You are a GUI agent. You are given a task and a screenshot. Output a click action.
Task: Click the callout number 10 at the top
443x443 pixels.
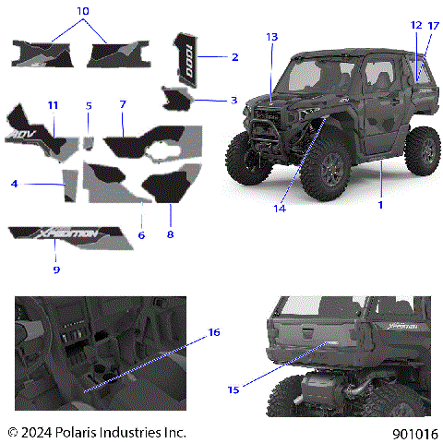pyautogui.click(x=83, y=10)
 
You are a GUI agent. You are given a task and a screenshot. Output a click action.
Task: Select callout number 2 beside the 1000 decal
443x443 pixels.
pyautogui.click(x=234, y=57)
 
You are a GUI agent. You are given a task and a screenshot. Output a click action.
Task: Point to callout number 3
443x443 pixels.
pyautogui.click(x=233, y=100)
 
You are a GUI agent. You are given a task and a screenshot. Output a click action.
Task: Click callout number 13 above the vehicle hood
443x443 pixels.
pyautogui.click(x=270, y=36)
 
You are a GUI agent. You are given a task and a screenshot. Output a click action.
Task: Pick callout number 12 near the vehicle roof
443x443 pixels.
pyautogui.click(x=416, y=25)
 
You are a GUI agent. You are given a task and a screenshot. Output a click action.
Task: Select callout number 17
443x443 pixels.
pyautogui.click(x=434, y=25)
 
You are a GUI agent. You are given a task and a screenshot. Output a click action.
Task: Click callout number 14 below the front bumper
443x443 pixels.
pyautogui.click(x=280, y=209)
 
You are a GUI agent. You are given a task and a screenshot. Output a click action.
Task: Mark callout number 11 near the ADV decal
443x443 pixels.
pyautogui.click(x=53, y=106)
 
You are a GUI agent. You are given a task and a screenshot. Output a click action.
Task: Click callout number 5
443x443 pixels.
pyautogui.click(x=89, y=106)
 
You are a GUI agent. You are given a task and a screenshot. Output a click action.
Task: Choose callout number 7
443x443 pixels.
pyautogui.click(x=122, y=106)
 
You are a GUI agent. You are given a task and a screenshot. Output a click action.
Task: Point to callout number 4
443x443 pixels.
pyautogui.click(x=15, y=184)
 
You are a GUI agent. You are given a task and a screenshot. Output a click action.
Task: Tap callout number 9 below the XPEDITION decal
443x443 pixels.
pyautogui.click(x=55, y=269)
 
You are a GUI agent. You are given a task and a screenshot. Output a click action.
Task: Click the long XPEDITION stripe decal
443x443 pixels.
pyautogui.click(x=65, y=234)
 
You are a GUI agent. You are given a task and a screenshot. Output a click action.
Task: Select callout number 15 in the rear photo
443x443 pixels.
pyautogui.click(x=233, y=389)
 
